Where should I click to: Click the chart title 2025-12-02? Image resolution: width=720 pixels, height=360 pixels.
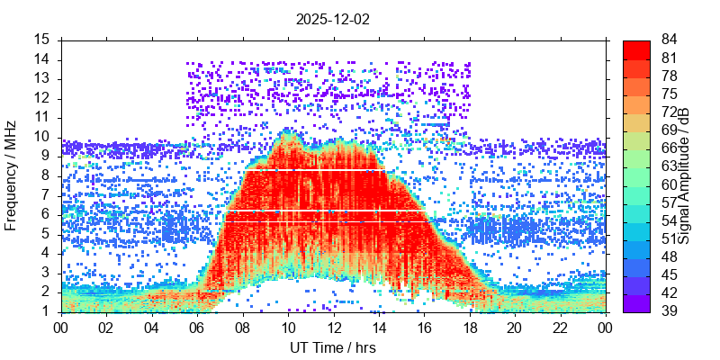click(333, 18)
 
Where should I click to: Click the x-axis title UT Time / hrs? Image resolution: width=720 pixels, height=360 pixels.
click(333, 347)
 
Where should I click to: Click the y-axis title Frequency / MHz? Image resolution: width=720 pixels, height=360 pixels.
click(12, 176)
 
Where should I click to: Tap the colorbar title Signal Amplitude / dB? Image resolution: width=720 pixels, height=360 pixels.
click(685, 176)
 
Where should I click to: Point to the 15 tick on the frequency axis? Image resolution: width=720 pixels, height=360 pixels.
click(42, 40)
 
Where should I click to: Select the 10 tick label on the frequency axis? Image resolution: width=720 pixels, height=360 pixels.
click(42, 137)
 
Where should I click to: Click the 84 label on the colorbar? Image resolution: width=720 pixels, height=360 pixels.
click(670, 40)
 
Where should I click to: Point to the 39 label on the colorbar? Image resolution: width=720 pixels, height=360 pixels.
click(670, 312)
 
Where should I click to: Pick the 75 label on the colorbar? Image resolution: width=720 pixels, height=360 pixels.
click(670, 94)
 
